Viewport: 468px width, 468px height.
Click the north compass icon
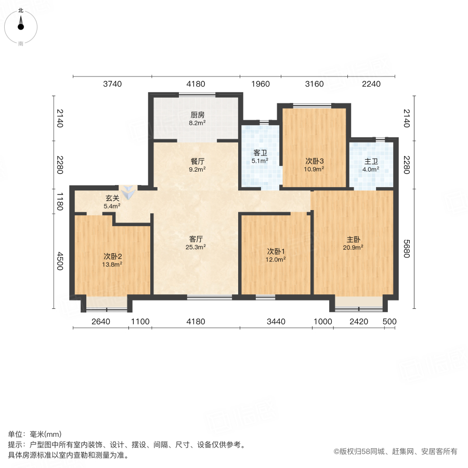pos(21,23)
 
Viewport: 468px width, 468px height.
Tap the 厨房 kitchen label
pos(197,115)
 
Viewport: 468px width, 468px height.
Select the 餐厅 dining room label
pos(197,161)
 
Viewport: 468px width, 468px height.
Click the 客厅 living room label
pos(196,239)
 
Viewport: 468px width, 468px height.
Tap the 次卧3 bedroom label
pos(314,161)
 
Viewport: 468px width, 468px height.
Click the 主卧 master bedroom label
pos(354,239)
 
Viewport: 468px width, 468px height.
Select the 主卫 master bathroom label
pos(371,161)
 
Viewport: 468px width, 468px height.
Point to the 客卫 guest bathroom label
pos(260,153)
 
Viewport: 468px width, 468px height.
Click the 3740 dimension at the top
pos(112,84)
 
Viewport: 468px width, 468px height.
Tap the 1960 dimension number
pos(260,84)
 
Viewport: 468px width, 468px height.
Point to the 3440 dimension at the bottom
pos(276,322)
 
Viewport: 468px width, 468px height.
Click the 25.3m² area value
pos(196,247)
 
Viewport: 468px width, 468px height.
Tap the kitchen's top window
pos(197,94)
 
